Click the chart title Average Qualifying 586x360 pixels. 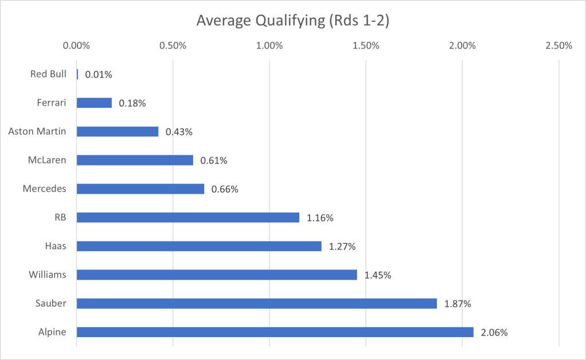(293, 21)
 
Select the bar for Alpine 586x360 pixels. (275, 332)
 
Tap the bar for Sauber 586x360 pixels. (256, 303)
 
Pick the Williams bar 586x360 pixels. (217, 275)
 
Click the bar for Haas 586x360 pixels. (199, 246)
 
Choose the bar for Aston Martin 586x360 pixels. (118, 131)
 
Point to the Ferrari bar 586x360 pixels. (94, 103)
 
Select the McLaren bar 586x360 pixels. (135, 160)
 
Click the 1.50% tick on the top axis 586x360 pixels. (366, 46)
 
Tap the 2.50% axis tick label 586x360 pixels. (558, 46)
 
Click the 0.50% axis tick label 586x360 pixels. (173, 46)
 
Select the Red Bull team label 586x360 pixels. (48, 74)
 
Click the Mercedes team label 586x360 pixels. (44, 189)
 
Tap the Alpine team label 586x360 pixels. (52, 332)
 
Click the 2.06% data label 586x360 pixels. (494, 332)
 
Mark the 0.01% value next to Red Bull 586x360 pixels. (99, 75)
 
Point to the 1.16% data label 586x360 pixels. (320, 218)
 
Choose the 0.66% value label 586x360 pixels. (225, 189)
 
